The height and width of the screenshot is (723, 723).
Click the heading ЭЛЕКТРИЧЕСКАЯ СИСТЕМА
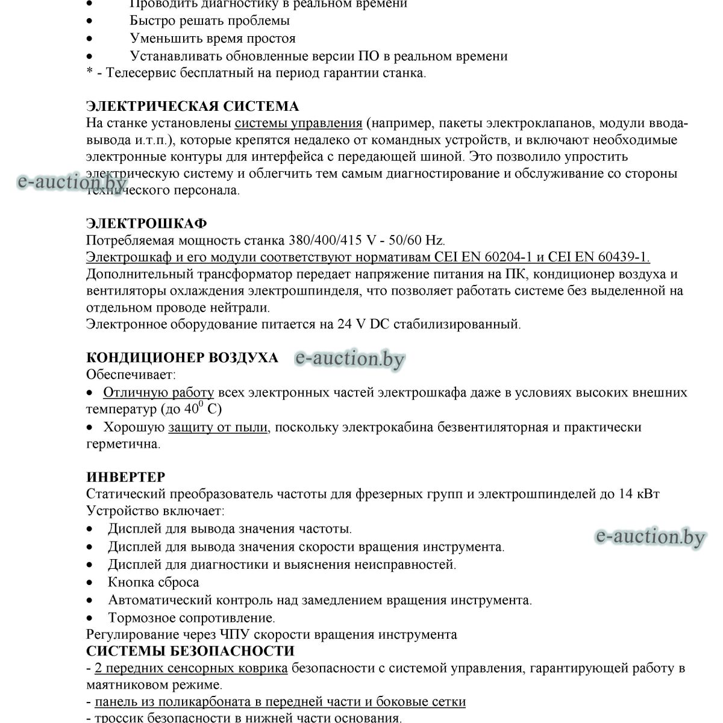[x=192, y=107]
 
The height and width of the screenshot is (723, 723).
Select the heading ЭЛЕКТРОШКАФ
[x=146, y=224]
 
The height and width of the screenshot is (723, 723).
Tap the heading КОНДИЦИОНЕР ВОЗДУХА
[x=182, y=357]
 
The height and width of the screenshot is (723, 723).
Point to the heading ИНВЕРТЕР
[x=125, y=477]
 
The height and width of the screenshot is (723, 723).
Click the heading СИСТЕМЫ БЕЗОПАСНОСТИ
[x=190, y=651]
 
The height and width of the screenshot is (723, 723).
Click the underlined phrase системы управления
[x=298, y=124]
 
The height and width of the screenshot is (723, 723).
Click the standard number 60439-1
[x=621, y=257]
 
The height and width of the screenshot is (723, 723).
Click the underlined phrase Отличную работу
[x=158, y=393]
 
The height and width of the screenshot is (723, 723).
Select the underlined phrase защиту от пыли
[x=218, y=428]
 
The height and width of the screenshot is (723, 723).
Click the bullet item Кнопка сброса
[x=153, y=583]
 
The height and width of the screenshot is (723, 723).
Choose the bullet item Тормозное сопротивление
[x=191, y=618]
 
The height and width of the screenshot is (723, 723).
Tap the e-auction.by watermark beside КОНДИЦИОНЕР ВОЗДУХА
[x=350, y=359]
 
